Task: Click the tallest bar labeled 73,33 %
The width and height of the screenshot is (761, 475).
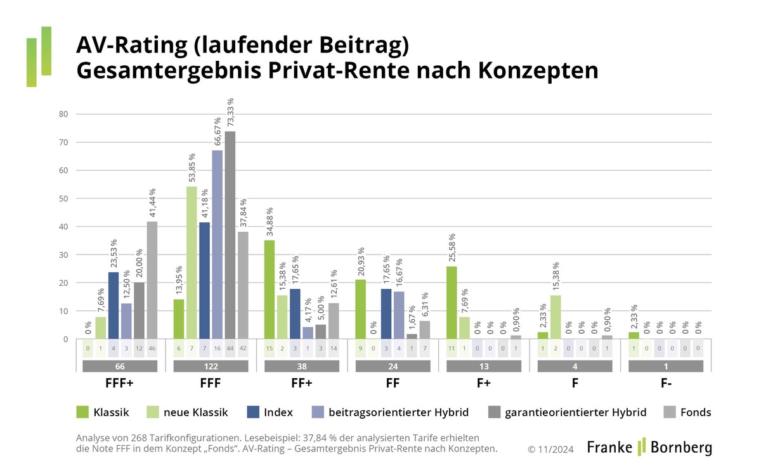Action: tap(230, 235)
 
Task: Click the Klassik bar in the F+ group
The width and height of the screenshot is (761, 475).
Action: tap(452, 303)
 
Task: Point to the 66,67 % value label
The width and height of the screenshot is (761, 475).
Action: tap(218, 132)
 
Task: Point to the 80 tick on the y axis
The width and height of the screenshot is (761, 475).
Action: tap(63, 115)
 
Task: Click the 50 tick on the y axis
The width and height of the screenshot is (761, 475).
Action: tap(63, 199)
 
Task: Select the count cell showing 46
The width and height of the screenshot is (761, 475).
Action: tap(152, 349)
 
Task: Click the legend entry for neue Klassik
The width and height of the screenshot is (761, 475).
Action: tap(189, 412)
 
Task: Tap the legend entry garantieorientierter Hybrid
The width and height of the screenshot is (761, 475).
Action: tap(567, 412)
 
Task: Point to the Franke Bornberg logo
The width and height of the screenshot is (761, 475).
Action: tap(649, 446)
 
